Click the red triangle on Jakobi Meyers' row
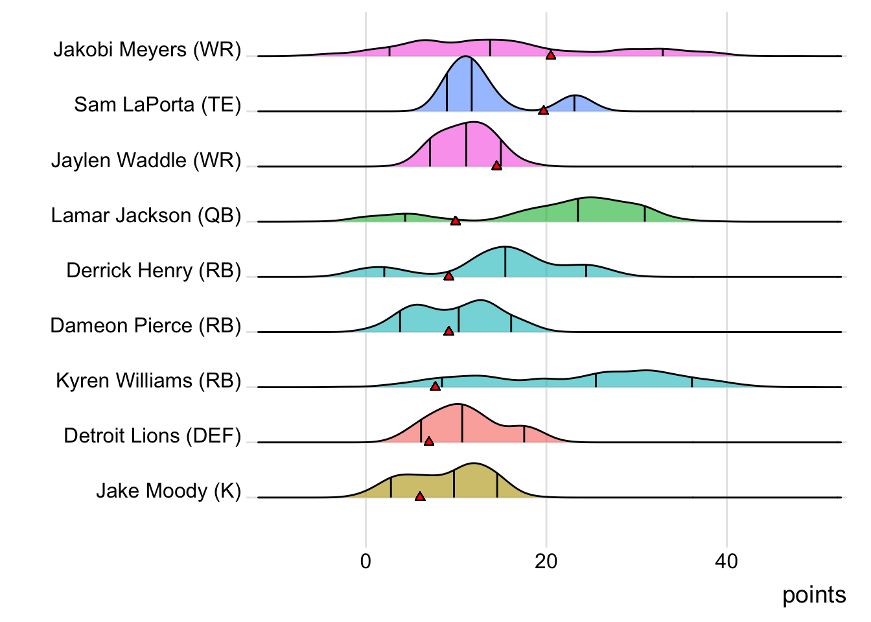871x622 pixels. click(x=551, y=55)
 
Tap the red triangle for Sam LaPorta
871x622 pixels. click(x=543, y=110)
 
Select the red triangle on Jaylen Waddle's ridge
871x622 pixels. click(x=496, y=165)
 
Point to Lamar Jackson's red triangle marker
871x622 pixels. click(x=456, y=221)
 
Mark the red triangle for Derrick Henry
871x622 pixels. click(x=448, y=276)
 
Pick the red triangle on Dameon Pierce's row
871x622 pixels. click(x=448, y=331)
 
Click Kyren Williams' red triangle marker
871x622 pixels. click(x=435, y=386)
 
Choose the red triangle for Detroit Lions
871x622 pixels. click(x=428, y=441)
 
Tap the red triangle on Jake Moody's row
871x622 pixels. click(x=420, y=496)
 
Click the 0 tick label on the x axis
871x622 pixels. click(x=366, y=561)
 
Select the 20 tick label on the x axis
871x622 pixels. click(x=546, y=561)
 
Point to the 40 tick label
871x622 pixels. click(x=726, y=561)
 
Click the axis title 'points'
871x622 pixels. click(x=814, y=595)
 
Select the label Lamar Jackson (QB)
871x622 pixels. click(x=146, y=215)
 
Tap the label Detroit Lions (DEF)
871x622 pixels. click(x=152, y=435)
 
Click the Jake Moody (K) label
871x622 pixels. click(x=168, y=490)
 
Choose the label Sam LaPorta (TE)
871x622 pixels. click(x=157, y=104)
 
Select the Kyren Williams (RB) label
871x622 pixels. click(x=148, y=380)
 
